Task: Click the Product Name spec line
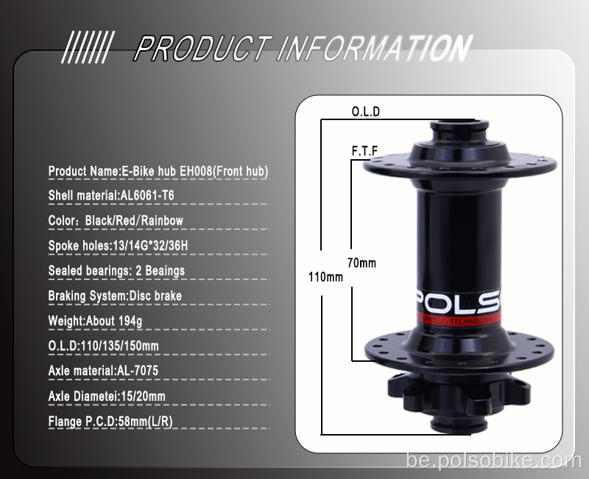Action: point(158,171)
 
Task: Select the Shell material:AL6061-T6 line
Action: point(111,196)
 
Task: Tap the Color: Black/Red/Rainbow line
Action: point(116,220)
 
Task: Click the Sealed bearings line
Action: point(116,270)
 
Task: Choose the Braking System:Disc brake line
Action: point(115,296)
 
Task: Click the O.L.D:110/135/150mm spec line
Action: point(104,346)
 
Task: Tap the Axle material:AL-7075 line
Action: point(103,371)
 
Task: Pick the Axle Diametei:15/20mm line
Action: point(107,396)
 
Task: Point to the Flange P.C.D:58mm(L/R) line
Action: point(110,422)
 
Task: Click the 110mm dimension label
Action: point(325,277)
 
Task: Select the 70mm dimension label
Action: point(361,262)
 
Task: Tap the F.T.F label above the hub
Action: point(364,151)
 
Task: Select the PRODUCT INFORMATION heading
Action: point(302,49)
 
